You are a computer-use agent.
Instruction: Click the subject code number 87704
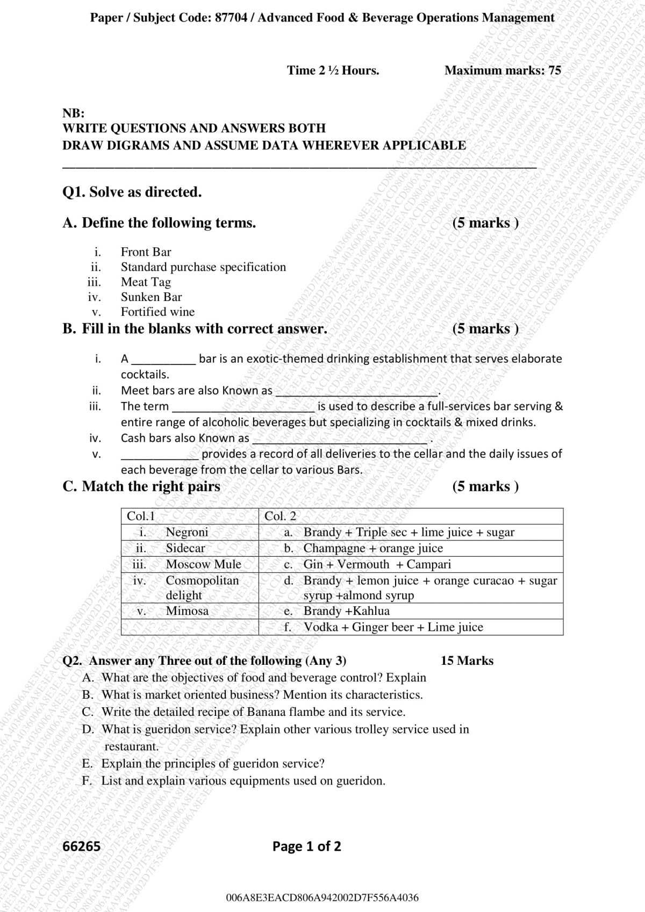pos(231,18)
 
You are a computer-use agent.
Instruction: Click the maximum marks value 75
pos(555,70)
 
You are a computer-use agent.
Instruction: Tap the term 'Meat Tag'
pos(146,282)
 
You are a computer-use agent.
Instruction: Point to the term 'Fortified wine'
pos(157,312)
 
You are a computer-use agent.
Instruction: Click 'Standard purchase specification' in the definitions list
pos(203,267)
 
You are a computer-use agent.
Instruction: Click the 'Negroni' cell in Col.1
pos(187,532)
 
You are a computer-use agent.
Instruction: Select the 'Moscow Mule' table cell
pos(203,564)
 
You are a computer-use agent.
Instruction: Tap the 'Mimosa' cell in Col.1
pos(187,611)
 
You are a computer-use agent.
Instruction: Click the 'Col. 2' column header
pos(280,516)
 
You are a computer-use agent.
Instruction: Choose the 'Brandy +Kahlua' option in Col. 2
pos(347,611)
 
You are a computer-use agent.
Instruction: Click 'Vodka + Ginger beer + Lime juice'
pos(393,627)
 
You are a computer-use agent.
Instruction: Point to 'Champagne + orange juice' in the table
pos(373,548)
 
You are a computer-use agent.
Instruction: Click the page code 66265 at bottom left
pos(82,846)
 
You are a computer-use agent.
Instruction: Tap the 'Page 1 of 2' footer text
pos(306,846)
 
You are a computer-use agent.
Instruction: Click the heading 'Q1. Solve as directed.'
pos(132,192)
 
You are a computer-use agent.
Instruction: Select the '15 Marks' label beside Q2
pos(467,661)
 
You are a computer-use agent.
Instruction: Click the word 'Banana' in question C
pos(267,712)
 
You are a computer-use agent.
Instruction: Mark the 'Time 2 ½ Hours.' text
pos(333,70)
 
